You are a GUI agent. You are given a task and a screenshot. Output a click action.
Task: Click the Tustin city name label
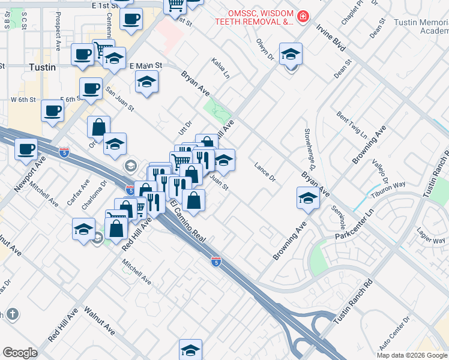(43, 67)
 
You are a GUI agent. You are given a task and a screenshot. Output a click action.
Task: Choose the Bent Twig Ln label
(352, 122)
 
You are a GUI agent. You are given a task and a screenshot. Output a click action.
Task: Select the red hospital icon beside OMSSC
(303, 16)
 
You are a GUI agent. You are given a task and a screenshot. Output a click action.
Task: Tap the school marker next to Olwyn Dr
(291, 55)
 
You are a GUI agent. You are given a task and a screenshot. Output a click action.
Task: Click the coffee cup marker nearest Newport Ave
(26, 149)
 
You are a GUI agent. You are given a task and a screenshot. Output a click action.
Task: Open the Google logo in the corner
(20, 353)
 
